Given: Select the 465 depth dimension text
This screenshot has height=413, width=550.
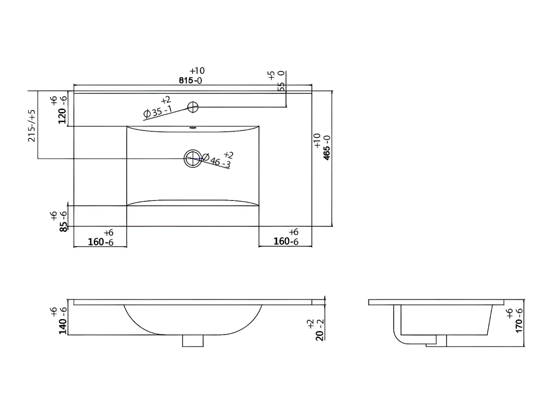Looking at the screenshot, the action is (x=327, y=148).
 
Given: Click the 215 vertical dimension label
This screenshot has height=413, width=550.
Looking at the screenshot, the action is (x=32, y=126).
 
